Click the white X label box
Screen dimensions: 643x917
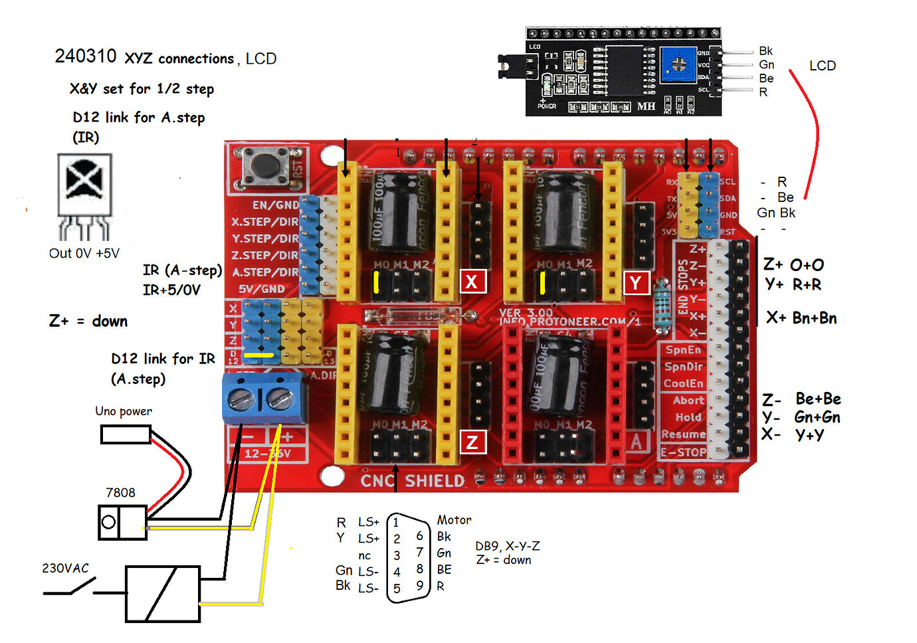[x=472, y=282]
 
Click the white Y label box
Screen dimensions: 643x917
[x=636, y=283]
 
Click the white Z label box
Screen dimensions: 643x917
[x=472, y=442]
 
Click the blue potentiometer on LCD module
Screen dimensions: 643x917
[x=678, y=65]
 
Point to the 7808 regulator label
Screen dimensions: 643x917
[x=120, y=493]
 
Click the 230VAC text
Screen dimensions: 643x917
[x=65, y=569]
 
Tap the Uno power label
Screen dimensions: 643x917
[x=124, y=411]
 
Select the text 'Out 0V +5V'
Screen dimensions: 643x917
[x=84, y=254]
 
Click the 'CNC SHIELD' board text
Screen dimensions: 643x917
[x=413, y=480]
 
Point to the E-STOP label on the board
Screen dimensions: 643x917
[x=684, y=452]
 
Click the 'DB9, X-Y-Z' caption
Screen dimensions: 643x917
[x=508, y=546]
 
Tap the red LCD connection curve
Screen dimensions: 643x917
[x=813, y=133]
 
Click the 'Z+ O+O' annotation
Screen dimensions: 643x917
[x=793, y=265]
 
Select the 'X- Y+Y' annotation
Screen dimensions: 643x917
[x=793, y=435]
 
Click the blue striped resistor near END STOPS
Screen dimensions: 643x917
[x=662, y=305]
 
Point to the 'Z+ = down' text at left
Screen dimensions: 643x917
[x=88, y=321]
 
